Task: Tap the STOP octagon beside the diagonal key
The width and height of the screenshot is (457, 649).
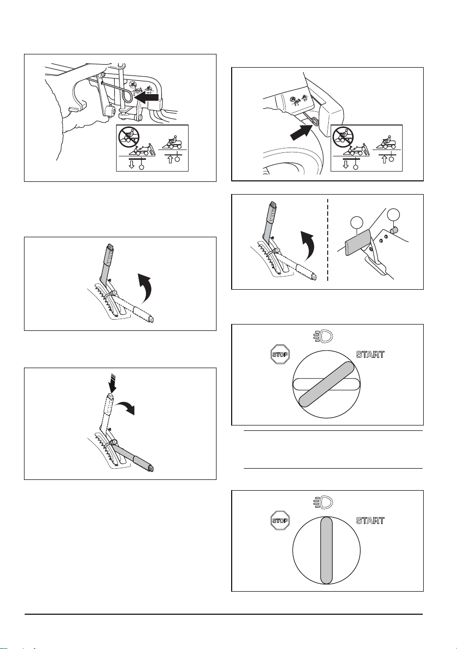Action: tap(280, 354)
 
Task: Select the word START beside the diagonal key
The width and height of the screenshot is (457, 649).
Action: tap(370, 354)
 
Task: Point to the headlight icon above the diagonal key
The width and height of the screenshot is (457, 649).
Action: tap(324, 336)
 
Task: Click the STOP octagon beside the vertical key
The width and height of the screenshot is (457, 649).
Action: tap(280, 521)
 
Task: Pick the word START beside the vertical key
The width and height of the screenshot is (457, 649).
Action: tap(370, 521)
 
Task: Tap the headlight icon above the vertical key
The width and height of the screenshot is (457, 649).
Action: tap(324, 502)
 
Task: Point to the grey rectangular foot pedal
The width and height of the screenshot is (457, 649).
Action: tap(358, 242)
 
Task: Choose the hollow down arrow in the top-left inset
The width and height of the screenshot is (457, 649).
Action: tap(132, 165)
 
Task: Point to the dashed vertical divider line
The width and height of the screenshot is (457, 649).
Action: tap(328, 240)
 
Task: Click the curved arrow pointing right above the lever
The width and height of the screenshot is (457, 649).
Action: tap(126, 407)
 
